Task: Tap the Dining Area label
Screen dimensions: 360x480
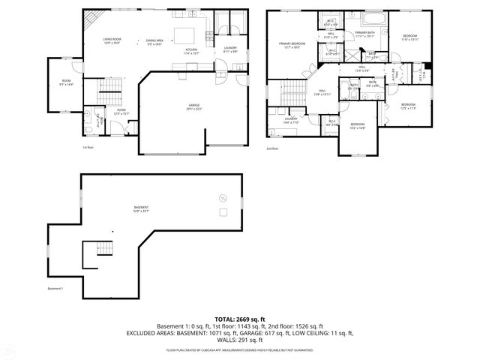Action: (x=155, y=42)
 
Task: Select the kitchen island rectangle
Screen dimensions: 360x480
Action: (x=184, y=34)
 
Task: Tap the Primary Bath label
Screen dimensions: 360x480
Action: (x=365, y=34)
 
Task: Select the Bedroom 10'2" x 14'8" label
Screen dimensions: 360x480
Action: (x=357, y=125)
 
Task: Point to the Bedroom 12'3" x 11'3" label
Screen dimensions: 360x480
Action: (x=407, y=105)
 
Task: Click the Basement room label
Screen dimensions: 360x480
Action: (x=141, y=208)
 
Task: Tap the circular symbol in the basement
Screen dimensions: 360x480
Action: (x=221, y=197)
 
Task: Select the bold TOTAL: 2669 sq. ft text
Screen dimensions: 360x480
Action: (x=239, y=319)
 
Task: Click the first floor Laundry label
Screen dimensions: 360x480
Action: (x=230, y=49)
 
